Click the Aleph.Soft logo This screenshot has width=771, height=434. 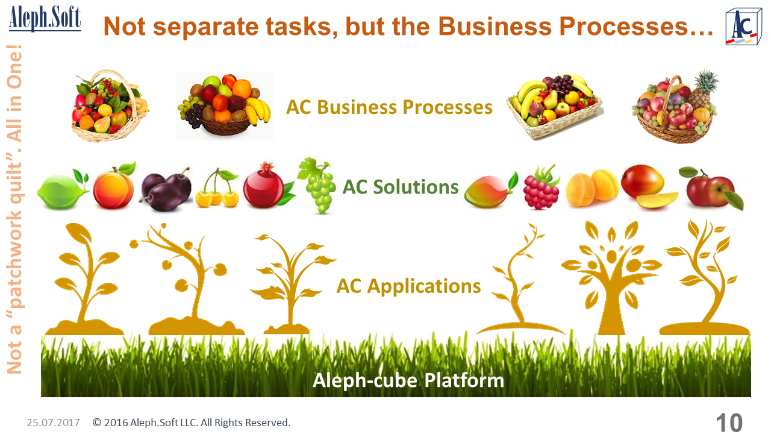point(45,19)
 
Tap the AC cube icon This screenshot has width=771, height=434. point(743,27)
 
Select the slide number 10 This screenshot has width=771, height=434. point(729,423)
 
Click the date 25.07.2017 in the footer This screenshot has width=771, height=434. point(53,423)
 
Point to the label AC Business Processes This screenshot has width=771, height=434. point(389,107)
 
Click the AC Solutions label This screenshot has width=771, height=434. point(401,187)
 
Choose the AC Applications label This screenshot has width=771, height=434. point(408,286)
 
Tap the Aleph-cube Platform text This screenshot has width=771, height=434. point(408,380)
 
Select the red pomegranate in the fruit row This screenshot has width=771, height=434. point(267,186)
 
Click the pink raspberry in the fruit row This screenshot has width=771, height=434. point(542,187)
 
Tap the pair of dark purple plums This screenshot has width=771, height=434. point(166,189)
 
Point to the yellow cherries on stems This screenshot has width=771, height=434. point(217,189)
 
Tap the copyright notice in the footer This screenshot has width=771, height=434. point(192,423)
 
